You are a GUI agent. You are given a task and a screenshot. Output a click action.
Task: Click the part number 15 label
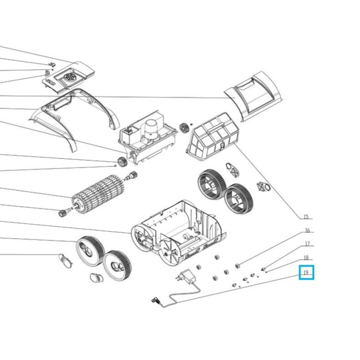pos(306,217)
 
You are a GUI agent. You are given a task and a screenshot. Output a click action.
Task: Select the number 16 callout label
pos(307,230)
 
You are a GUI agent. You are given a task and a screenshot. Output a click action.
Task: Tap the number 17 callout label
pos(307,244)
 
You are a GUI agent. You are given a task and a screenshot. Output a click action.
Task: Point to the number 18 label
pos(306,258)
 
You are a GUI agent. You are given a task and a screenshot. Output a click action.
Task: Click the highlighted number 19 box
pos(306,273)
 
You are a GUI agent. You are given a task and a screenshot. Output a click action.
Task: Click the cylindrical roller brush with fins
pos(98,193)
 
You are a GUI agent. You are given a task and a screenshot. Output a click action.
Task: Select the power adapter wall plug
pos(186,277)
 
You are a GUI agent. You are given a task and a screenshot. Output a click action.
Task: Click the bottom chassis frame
pos(179,232)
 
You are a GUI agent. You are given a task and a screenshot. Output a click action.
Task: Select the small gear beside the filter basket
pos(184,128)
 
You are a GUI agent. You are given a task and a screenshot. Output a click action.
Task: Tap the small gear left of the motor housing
pos(122,162)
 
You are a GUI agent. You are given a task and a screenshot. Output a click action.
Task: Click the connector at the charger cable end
pos(156,301)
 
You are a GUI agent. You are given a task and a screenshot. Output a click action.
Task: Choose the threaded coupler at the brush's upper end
pos(132,175)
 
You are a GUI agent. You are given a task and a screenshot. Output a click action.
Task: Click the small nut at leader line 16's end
pos(238,266)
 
